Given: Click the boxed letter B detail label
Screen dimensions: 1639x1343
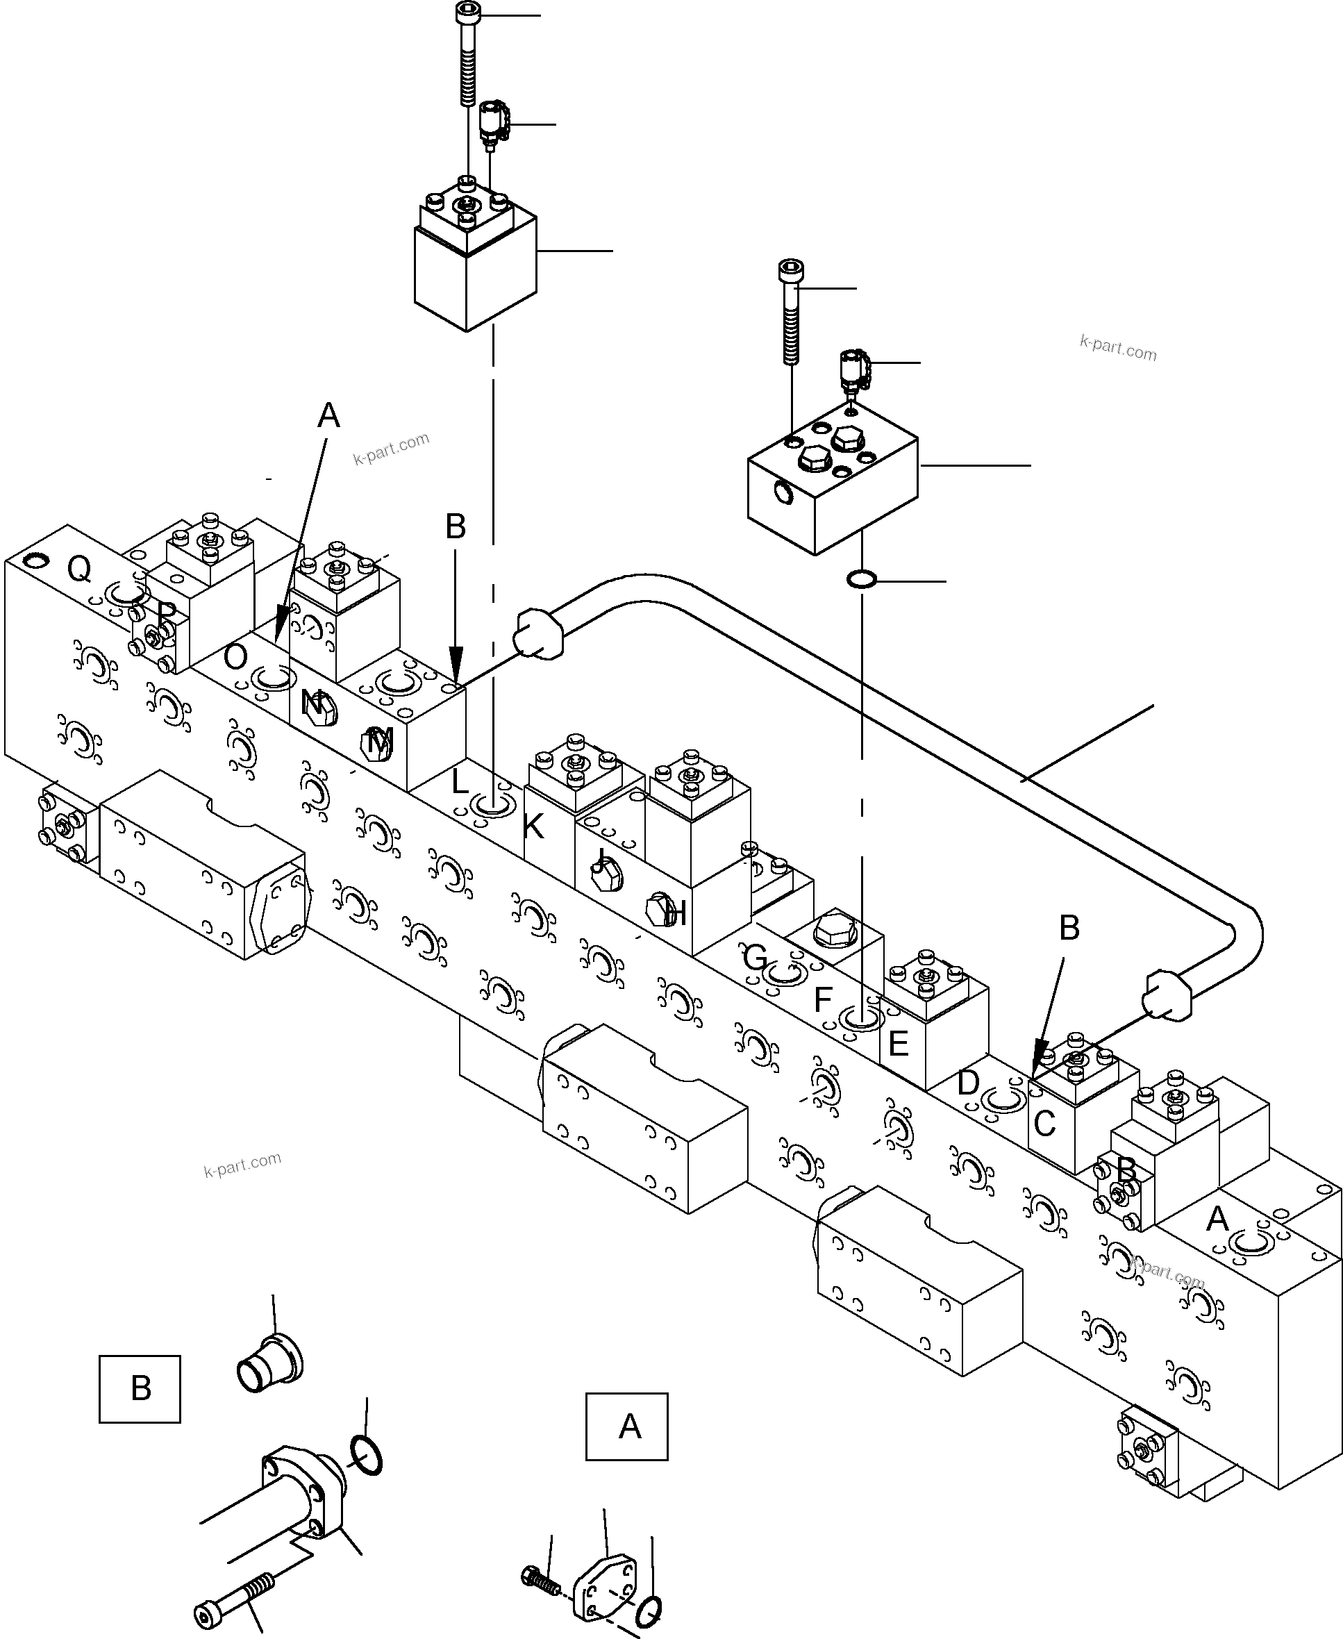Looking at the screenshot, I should coord(140,1389).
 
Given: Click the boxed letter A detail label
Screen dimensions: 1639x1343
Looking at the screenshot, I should coord(626,1426).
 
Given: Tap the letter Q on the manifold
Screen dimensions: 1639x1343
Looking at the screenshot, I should coord(79,569).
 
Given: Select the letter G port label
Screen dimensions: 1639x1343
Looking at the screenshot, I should coord(755,958).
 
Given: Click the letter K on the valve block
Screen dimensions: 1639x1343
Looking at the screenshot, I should coord(533,827).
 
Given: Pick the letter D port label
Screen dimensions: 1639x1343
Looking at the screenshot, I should coord(968,1083).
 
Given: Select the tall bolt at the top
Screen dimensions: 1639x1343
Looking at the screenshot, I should coord(467,54).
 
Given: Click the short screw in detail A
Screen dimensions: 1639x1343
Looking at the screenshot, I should coord(542,1579).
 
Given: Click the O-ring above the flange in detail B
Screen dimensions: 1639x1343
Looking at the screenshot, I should coord(366,1455).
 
